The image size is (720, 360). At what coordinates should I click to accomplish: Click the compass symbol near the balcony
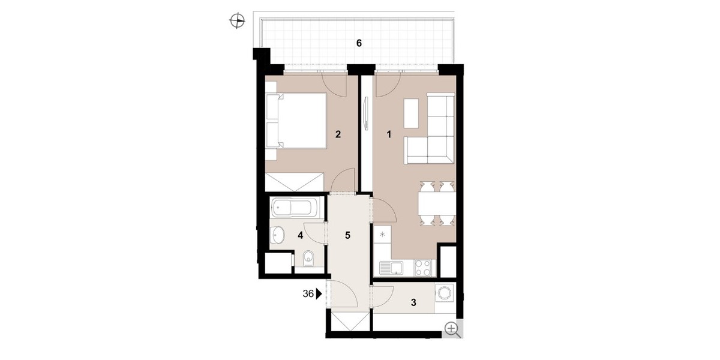tap(237, 21)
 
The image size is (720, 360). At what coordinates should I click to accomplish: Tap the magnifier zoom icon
tap(452, 330)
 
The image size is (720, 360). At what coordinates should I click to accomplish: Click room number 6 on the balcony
tap(359, 43)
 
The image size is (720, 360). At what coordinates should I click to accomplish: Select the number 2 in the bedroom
tap(338, 134)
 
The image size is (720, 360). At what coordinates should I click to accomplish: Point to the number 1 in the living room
tap(389, 134)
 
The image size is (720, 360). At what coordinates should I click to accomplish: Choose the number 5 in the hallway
tap(347, 235)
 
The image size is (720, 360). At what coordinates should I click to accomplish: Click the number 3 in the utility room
tap(413, 302)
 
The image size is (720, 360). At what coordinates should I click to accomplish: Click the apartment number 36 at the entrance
tap(308, 294)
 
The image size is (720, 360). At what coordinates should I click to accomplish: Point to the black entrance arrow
tap(319, 294)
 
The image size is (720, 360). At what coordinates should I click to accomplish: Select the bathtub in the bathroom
tap(294, 208)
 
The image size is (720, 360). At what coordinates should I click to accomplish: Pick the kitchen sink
tap(391, 268)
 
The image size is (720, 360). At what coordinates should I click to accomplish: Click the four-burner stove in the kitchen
tap(422, 268)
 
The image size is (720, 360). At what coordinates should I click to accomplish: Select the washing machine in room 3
tap(445, 293)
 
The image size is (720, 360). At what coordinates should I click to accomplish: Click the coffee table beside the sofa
tap(411, 113)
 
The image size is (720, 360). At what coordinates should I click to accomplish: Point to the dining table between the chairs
tap(437, 204)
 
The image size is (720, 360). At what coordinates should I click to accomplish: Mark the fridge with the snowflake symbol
tap(382, 234)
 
